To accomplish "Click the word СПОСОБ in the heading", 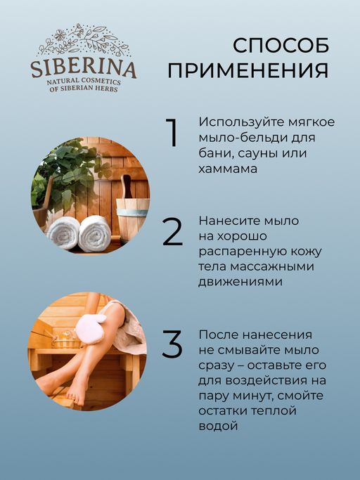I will pos(281,45).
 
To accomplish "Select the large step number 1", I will pos(171,134).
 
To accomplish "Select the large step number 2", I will pos(172,233).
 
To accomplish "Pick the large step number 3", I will pos(172,342).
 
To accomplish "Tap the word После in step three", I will pos(217,335).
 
